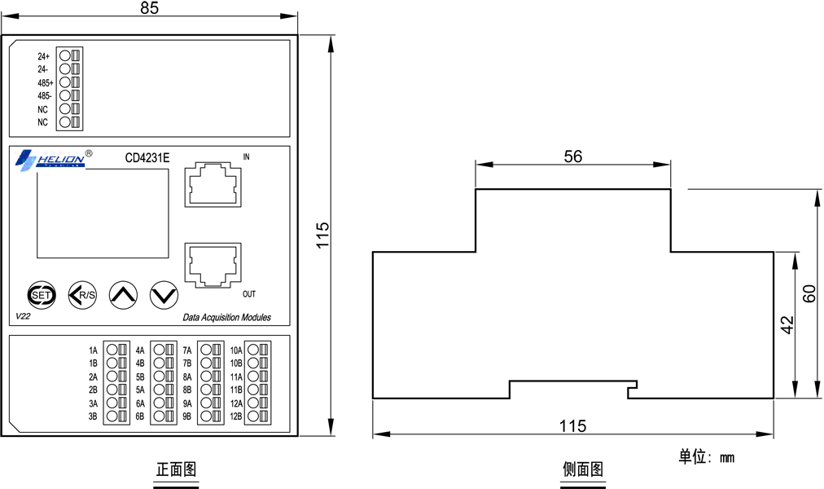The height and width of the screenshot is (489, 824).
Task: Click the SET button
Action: coord(41,295)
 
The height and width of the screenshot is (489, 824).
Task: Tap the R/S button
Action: coord(82,295)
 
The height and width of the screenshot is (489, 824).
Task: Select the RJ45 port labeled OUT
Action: coord(213,265)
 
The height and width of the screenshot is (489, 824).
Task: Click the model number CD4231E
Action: coord(147,158)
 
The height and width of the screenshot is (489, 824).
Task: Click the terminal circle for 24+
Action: coord(64,55)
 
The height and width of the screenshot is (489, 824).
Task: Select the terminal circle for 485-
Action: coord(64,95)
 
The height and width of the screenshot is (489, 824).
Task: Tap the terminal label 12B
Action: coord(236,416)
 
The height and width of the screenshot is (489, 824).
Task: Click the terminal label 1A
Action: coord(93,350)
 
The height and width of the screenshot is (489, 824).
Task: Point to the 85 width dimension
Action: coord(149,8)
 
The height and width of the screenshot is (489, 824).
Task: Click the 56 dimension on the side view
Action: coord(572,156)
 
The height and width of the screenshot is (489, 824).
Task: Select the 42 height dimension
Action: coord(787,324)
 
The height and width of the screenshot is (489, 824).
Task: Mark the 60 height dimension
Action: coord(810,293)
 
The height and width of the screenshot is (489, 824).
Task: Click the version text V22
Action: coord(23,316)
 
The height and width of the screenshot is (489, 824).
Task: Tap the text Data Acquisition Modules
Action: coord(227,318)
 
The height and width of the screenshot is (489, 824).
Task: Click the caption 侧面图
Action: coord(583,469)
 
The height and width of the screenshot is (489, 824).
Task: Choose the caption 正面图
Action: coord(176,469)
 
